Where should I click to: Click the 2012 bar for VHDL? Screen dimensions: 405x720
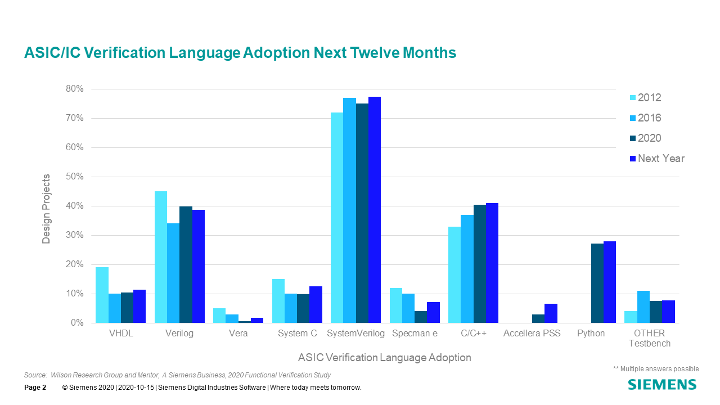coord(102,295)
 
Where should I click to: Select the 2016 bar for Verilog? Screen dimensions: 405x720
coord(173,273)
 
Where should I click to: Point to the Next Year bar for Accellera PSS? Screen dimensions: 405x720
coord(551,313)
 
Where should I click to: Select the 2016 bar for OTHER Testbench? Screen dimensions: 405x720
coord(643,307)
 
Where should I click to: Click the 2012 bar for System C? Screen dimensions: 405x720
coord(278,301)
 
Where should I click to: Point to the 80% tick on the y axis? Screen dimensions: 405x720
coord(75,89)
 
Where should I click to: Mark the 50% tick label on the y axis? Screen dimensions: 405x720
coord(75,177)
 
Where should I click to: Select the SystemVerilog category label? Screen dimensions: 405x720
coord(356,333)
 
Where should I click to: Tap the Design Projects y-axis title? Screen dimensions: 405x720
coord(46,209)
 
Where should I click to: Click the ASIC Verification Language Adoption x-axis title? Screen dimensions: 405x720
coord(385,357)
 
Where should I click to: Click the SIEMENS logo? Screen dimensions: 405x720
coord(662,385)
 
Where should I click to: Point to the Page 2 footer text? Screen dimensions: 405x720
coord(35,388)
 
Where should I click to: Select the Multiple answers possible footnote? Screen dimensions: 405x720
coord(656,369)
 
